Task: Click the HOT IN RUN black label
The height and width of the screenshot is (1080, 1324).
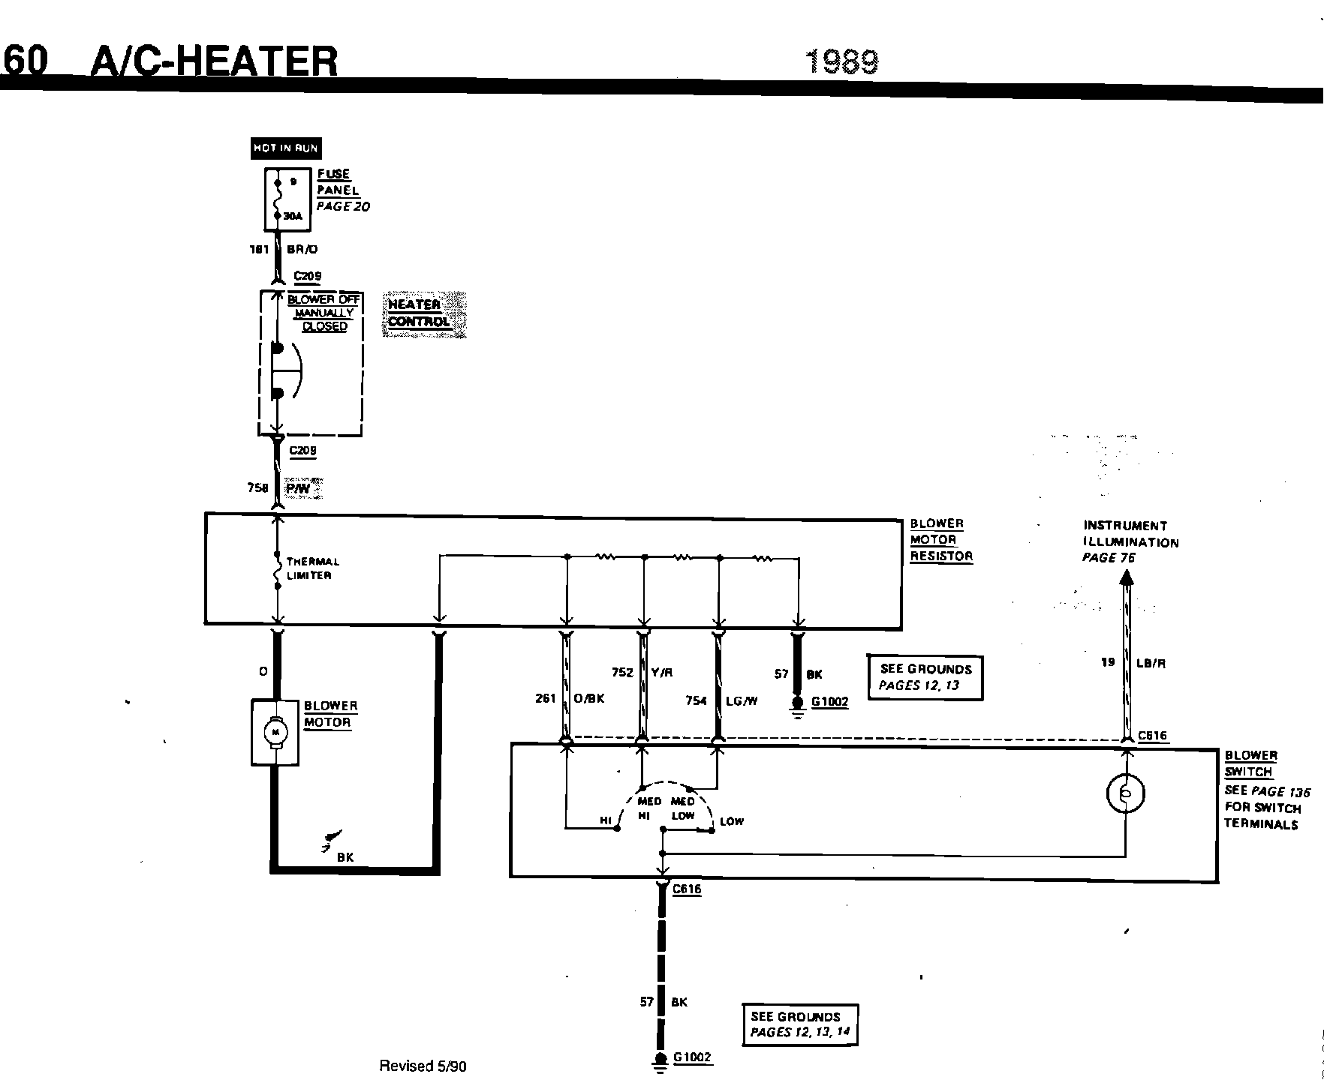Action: pyautogui.click(x=285, y=148)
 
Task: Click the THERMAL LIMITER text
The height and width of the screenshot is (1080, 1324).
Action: pyautogui.click(x=312, y=568)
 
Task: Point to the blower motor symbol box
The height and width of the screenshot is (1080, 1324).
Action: pyautogui.click(x=275, y=733)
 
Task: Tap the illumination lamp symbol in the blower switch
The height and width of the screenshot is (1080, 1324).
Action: pyautogui.click(x=1126, y=793)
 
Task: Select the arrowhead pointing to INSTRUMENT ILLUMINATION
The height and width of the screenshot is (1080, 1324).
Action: pyautogui.click(x=1126, y=577)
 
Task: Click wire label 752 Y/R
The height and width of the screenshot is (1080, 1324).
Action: pyautogui.click(x=642, y=673)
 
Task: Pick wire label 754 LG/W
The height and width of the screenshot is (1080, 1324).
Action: pyautogui.click(x=721, y=700)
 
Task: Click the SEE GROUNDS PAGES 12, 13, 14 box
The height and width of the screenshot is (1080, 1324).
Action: pyautogui.click(x=799, y=1024)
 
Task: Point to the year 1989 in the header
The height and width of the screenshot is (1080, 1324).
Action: pyautogui.click(x=842, y=61)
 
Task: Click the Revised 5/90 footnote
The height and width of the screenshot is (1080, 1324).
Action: pyautogui.click(x=423, y=1066)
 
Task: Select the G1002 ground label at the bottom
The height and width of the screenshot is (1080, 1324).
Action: pyautogui.click(x=692, y=1057)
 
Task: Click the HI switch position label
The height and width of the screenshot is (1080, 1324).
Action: pyautogui.click(x=606, y=821)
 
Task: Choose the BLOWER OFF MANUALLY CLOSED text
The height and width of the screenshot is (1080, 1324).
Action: pyautogui.click(x=324, y=313)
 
